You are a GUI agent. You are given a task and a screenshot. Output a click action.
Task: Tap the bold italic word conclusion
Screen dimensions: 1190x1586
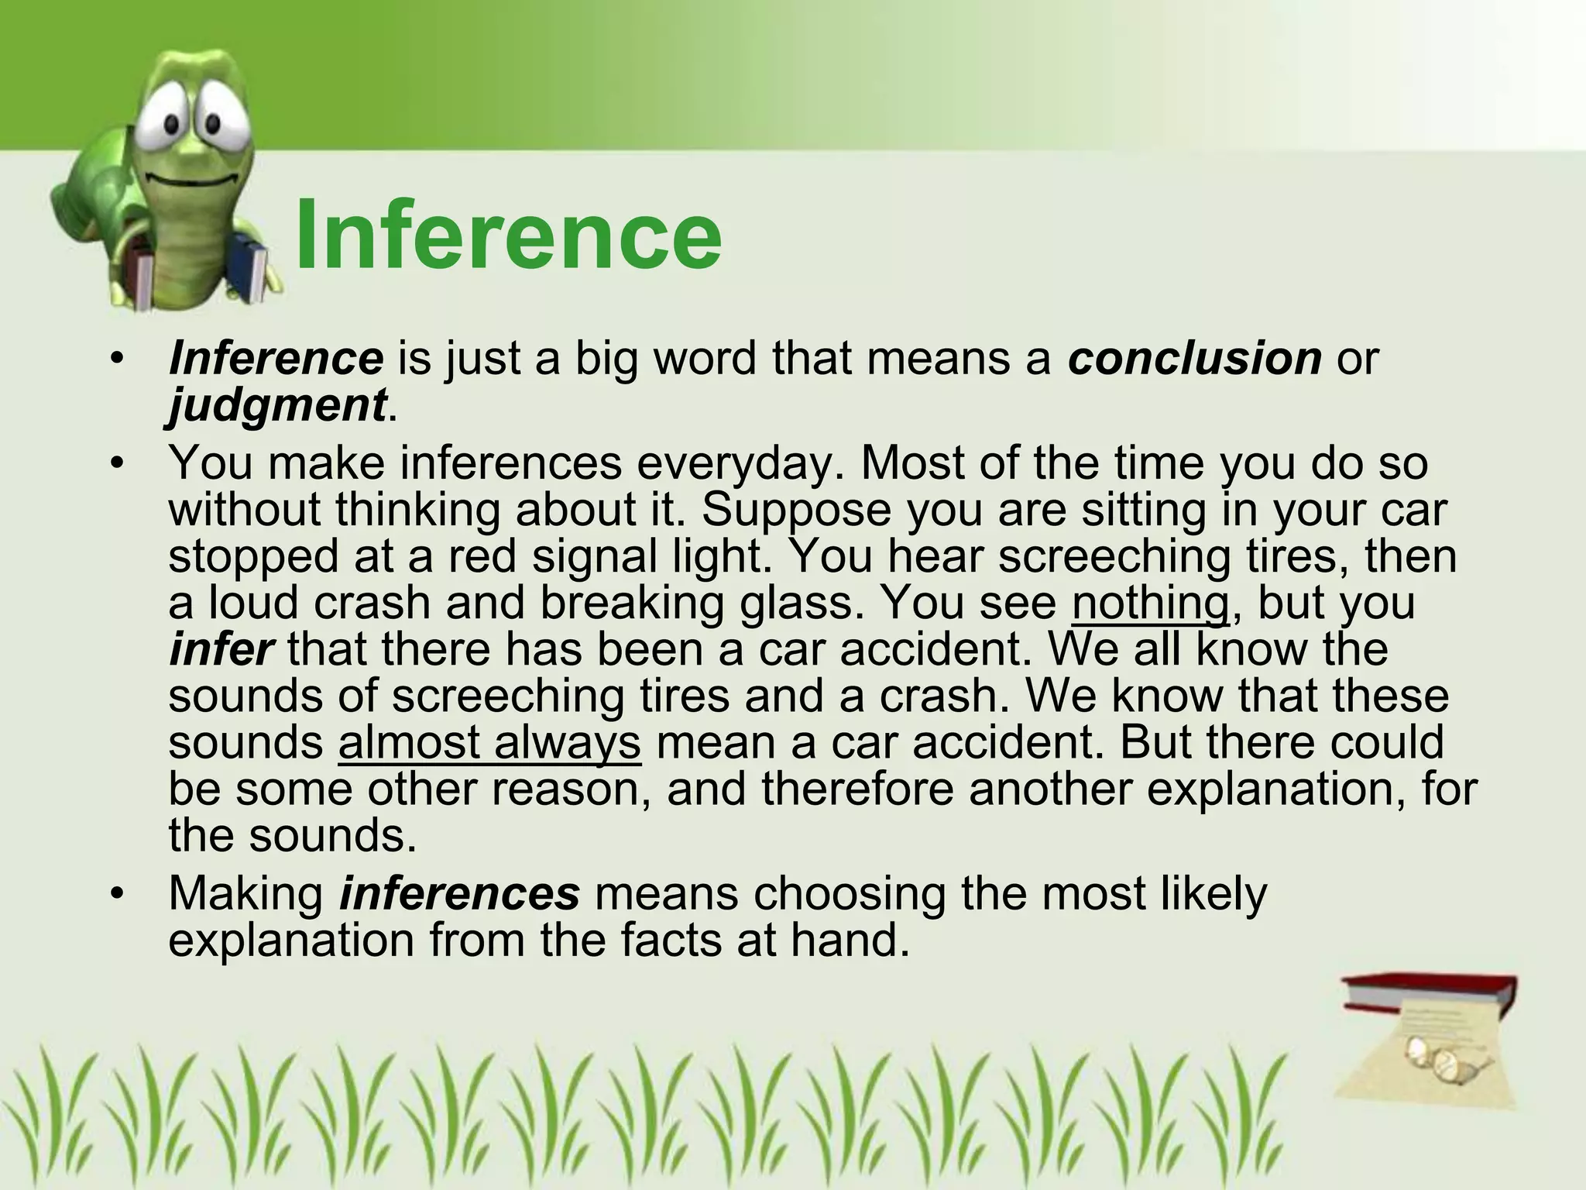coord(1194,358)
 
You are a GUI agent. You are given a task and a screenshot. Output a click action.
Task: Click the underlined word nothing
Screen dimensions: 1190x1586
coord(1150,604)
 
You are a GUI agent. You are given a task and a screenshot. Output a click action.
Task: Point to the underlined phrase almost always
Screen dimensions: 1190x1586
coord(489,743)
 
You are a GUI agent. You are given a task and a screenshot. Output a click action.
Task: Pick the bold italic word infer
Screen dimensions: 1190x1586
coord(221,649)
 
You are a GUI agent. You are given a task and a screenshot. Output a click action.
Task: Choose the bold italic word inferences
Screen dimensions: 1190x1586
coord(459,893)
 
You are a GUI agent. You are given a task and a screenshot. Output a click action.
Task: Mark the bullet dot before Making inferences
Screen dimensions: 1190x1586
coord(117,894)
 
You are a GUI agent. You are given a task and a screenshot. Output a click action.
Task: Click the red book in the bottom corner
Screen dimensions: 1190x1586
coord(1430,999)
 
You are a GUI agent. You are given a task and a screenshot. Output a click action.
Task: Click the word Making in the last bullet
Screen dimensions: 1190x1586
coord(245,893)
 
